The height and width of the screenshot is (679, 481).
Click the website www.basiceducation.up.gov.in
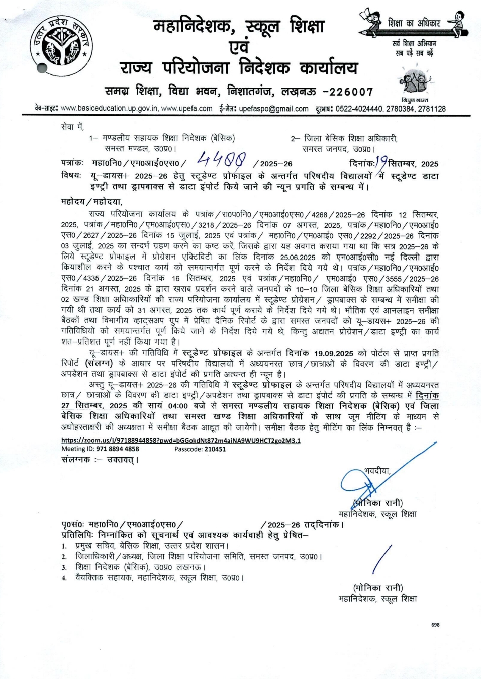(x=110, y=109)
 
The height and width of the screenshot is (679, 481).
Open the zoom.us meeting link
(x=181, y=441)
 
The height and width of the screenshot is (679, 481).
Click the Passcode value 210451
(x=215, y=449)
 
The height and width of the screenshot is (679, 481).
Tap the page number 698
(x=435, y=625)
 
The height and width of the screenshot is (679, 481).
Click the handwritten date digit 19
(x=381, y=162)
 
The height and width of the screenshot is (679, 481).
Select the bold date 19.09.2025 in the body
(x=334, y=353)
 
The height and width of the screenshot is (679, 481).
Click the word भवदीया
(x=377, y=471)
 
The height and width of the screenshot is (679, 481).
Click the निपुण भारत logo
(x=415, y=83)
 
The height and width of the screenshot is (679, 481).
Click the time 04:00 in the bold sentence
(x=178, y=406)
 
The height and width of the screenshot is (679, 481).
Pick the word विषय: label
(x=71, y=175)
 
